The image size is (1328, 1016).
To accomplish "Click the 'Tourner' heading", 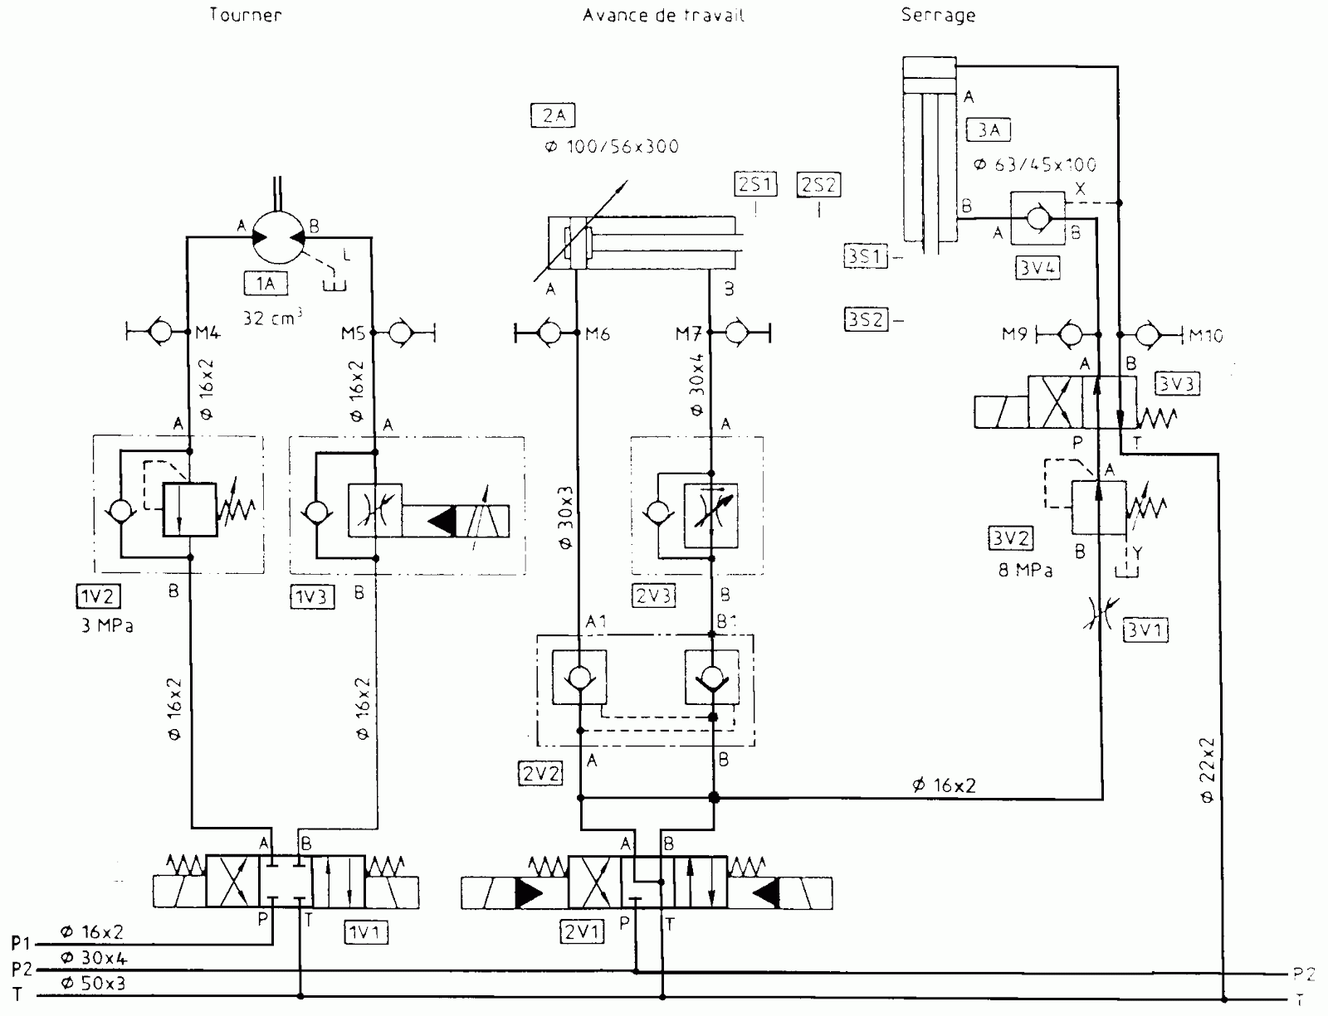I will (x=245, y=15).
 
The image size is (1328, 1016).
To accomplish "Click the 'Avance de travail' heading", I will (x=663, y=15).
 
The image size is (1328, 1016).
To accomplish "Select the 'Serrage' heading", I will (x=938, y=15).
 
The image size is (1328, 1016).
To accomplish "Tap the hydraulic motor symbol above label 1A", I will (x=280, y=236).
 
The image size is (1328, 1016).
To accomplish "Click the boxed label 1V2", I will (x=98, y=596).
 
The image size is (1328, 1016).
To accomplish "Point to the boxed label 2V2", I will (x=540, y=774).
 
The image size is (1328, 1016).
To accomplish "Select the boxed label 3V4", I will (x=1037, y=268).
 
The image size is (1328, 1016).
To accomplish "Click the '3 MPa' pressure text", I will (x=107, y=626).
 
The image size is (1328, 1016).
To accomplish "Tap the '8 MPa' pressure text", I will (x=1026, y=571).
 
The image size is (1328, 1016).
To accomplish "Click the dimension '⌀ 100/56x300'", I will (x=611, y=148).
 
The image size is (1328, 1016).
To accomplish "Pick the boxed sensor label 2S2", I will (x=818, y=184).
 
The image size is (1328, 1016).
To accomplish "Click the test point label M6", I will (x=598, y=334).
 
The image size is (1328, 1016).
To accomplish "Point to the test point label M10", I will (x=1205, y=335).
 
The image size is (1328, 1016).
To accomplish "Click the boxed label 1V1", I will (x=366, y=932).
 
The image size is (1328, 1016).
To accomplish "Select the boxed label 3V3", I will (x=1177, y=384).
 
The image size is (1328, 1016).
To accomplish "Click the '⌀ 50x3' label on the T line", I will (x=93, y=984).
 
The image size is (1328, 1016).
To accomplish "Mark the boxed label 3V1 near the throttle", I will (x=1145, y=630).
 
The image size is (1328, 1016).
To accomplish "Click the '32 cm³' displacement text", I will (x=272, y=317).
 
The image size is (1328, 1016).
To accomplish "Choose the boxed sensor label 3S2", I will (x=865, y=319).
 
